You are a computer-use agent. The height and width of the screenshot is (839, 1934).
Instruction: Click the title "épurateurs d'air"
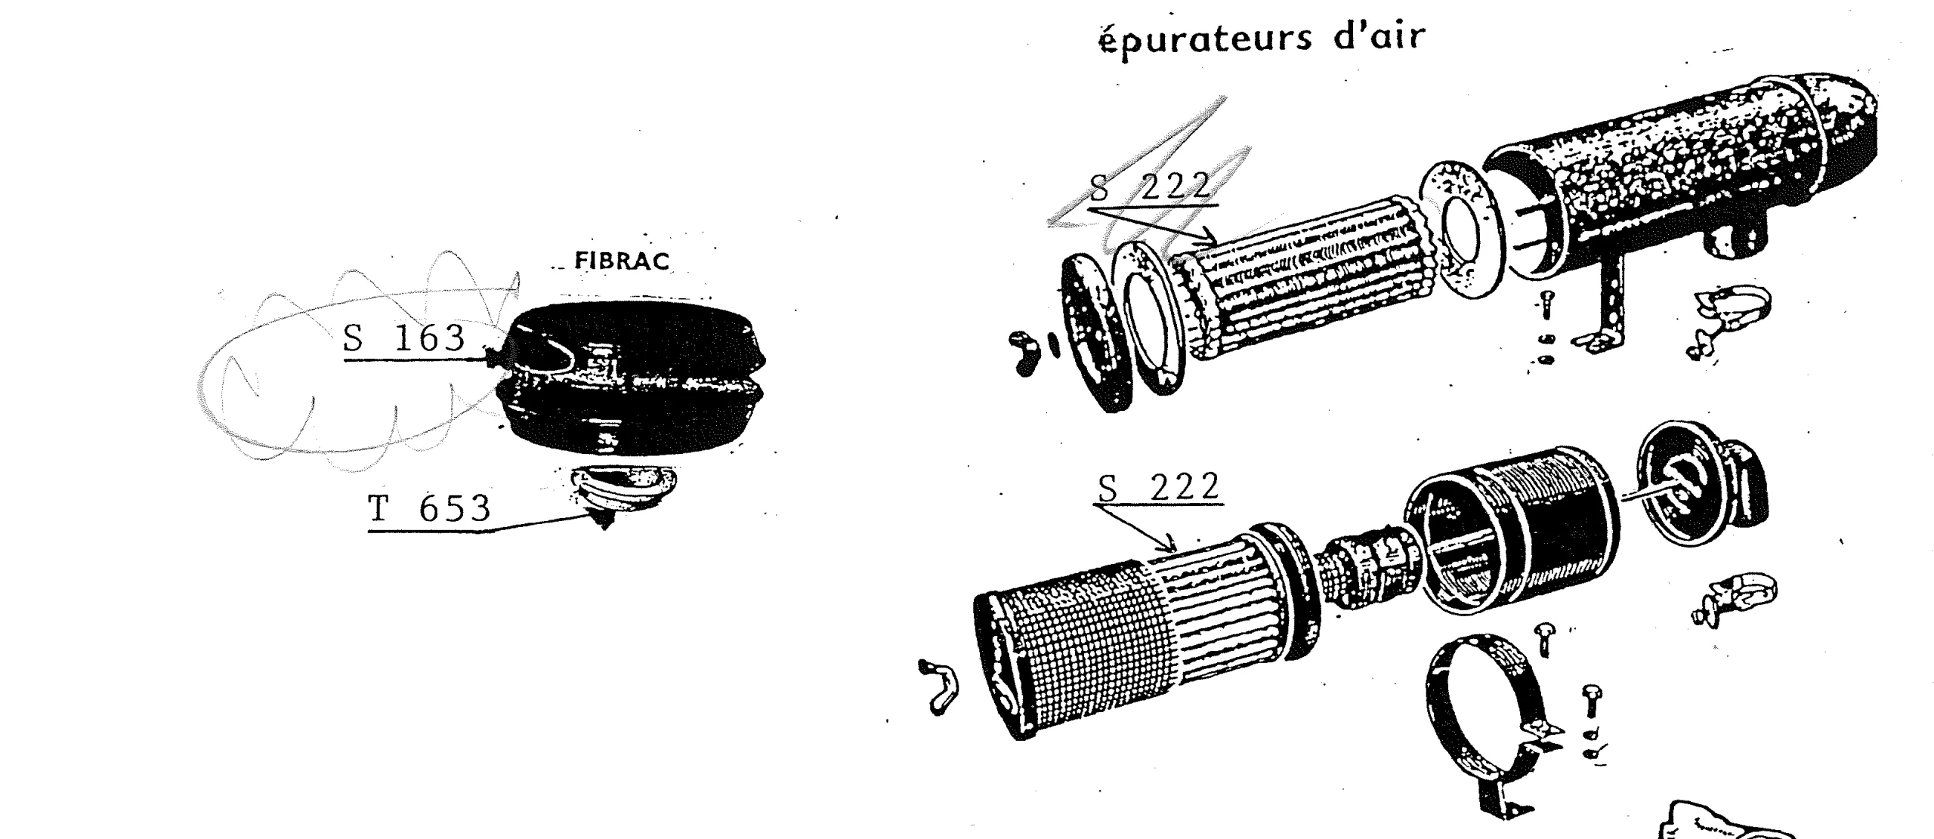(x=1262, y=37)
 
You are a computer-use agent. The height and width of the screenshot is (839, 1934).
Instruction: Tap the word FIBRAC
(x=622, y=261)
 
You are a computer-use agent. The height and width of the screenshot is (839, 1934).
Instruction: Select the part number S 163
(x=404, y=338)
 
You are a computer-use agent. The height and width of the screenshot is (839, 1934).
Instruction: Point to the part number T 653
(x=429, y=509)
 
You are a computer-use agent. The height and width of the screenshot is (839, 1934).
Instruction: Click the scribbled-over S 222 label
(x=1149, y=186)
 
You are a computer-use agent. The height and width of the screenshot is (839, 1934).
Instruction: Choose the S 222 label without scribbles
(x=1158, y=487)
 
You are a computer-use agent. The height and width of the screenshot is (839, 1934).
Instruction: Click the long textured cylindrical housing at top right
(x=1677, y=181)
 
